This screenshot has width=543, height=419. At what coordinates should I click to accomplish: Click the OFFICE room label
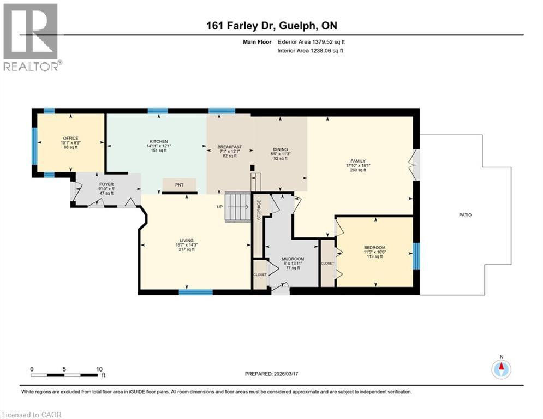(x=70, y=138)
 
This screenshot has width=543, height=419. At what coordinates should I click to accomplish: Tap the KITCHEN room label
(x=158, y=141)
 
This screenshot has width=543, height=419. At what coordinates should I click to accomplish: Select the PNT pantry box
(x=179, y=185)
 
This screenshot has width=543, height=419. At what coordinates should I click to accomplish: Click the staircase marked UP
(x=237, y=207)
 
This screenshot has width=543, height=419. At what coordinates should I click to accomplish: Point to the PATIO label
(x=464, y=215)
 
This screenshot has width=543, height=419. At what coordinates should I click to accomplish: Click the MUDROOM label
(x=293, y=259)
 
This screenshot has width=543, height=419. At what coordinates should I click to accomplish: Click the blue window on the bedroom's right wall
(x=416, y=256)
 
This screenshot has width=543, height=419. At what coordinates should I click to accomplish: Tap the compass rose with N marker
(x=500, y=368)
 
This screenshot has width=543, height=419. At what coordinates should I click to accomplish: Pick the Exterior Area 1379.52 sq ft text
(x=311, y=41)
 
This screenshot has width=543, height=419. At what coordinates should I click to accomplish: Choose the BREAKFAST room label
(x=229, y=147)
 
